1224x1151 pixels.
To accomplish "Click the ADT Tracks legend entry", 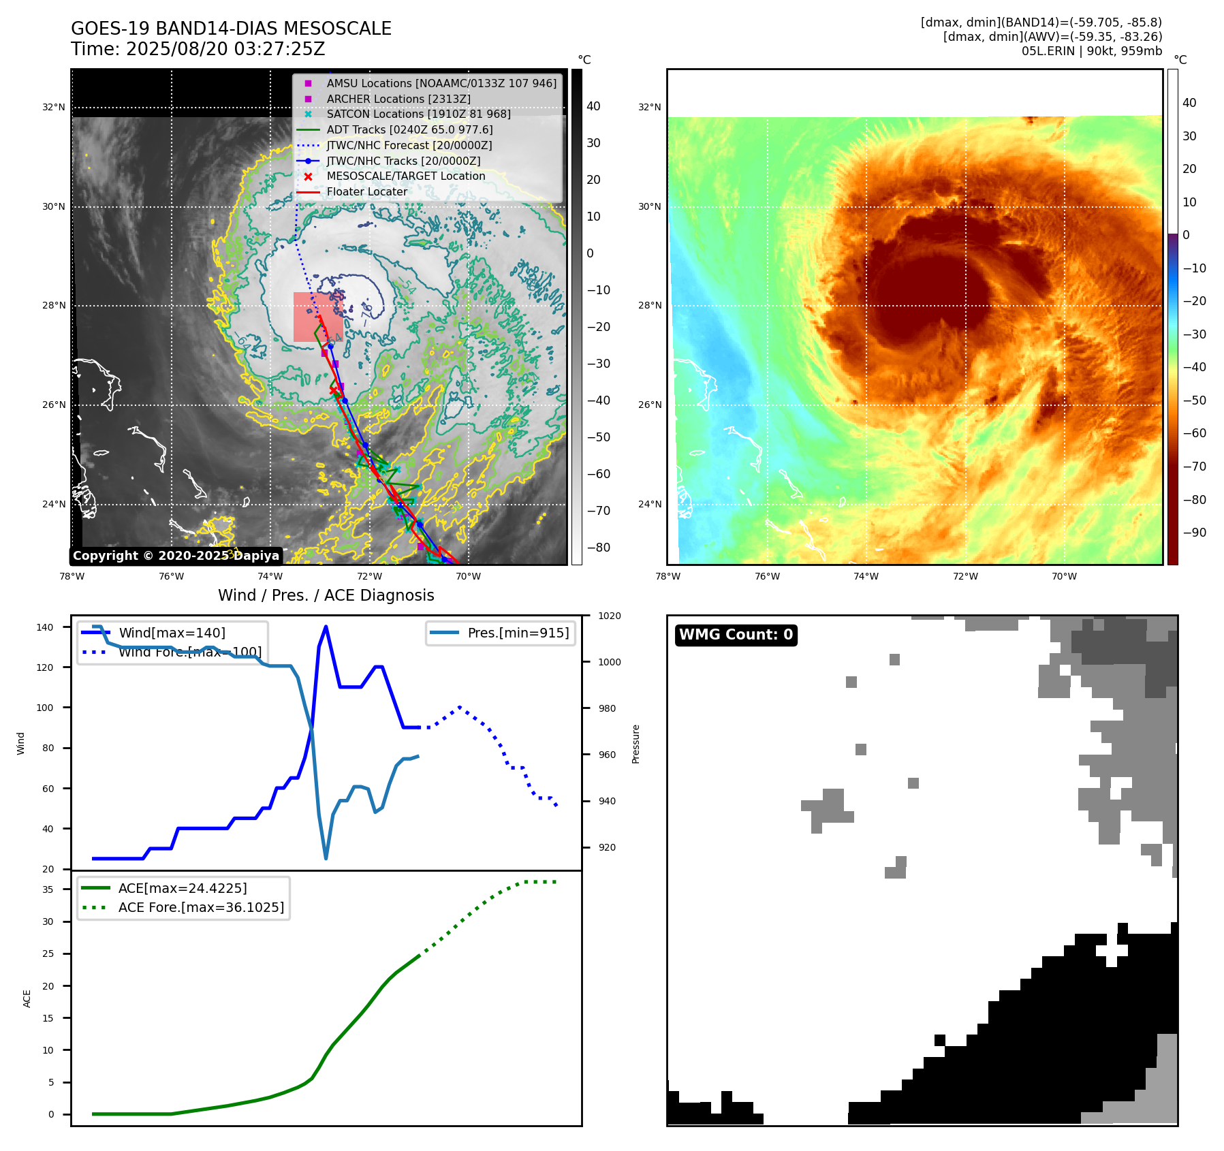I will tap(409, 129).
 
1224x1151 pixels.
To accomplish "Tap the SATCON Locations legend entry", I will tap(418, 114).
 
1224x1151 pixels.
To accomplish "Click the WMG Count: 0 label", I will tap(736, 635).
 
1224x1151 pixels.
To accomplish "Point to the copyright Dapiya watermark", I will tap(176, 556).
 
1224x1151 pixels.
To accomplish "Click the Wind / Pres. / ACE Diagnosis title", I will tap(326, 595).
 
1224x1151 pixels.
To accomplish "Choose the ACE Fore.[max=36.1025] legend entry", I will tap(201, 907).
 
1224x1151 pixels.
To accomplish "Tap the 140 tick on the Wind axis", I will tap(45, 627).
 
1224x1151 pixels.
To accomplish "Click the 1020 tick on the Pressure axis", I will tap(610, 616).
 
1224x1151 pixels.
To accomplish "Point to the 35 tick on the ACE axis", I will tap(48, 889).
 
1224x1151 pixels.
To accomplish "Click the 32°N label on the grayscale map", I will tap(54, 107).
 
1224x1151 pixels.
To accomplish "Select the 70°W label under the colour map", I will tap(1064, 576).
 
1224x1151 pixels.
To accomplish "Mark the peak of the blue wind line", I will tap(326, 627).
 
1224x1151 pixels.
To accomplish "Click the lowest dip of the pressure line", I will tap(326, 858).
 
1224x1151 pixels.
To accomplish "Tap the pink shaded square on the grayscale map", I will tap(318, 317).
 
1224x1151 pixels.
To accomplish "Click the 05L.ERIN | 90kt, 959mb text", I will tap(1091, 51).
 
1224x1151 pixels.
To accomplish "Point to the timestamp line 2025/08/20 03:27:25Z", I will tap(198, 49).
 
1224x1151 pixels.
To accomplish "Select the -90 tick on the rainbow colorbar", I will tap(1194, 533).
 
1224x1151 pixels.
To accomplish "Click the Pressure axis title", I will tap(635, 744).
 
